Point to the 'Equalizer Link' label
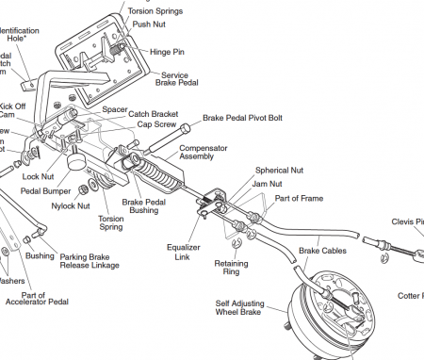(x=184, y=252)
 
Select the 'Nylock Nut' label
(x=70, y=205)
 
